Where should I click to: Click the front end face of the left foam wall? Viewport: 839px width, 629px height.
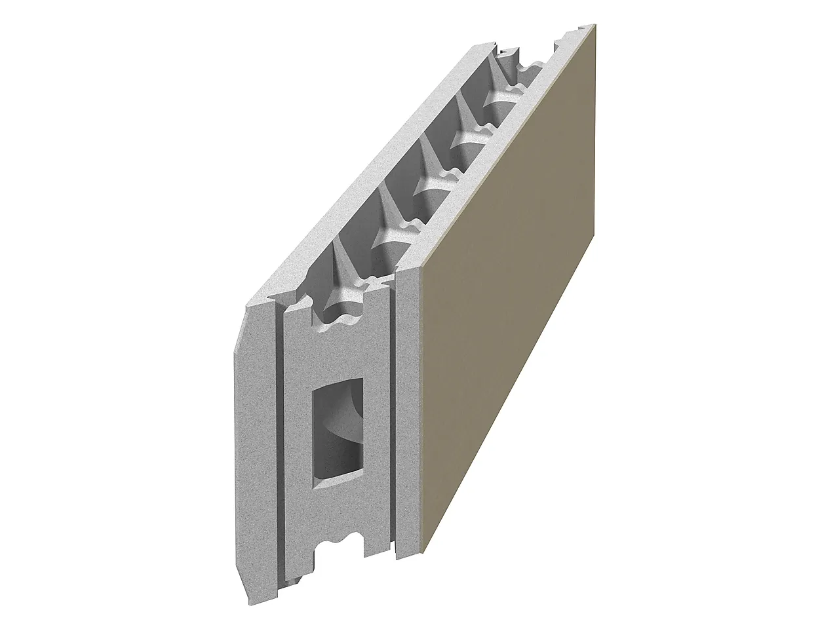256,446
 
